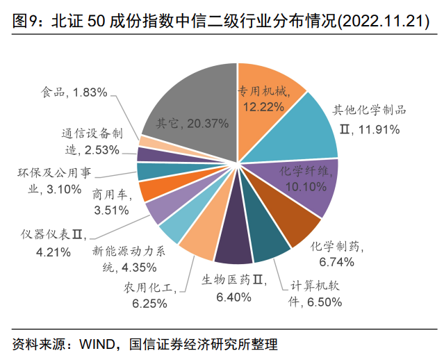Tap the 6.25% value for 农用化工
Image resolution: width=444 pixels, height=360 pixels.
[x=148, y=303]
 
